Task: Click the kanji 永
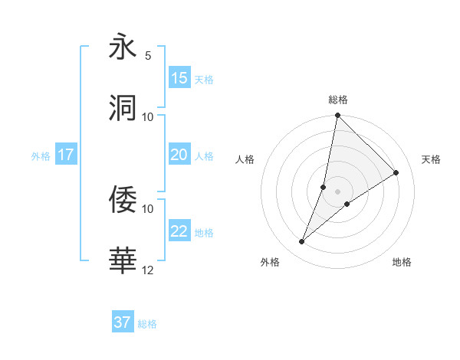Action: point(123,47)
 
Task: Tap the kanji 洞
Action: point(123,108)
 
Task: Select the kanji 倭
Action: point(123,200)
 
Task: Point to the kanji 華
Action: point(123,261)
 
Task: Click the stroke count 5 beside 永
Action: point(148,56)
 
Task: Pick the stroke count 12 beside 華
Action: point(148,270)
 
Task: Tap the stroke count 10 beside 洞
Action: point(148,116)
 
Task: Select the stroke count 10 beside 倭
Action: point(148,208)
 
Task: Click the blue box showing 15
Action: point(179,78)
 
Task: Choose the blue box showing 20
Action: point(179,155)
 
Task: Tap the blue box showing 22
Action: point(179,231)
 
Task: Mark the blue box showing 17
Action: point(66,155)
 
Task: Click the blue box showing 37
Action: point(123,322)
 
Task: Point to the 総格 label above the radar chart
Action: point(338,100)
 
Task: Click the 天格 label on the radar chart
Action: point(431,159)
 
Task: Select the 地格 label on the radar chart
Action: point(402,262)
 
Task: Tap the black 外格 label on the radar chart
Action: point(270,262)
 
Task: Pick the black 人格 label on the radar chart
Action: point(245,159)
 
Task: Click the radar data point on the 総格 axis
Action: point(337,116)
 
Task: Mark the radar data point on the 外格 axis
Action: point(302,242)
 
